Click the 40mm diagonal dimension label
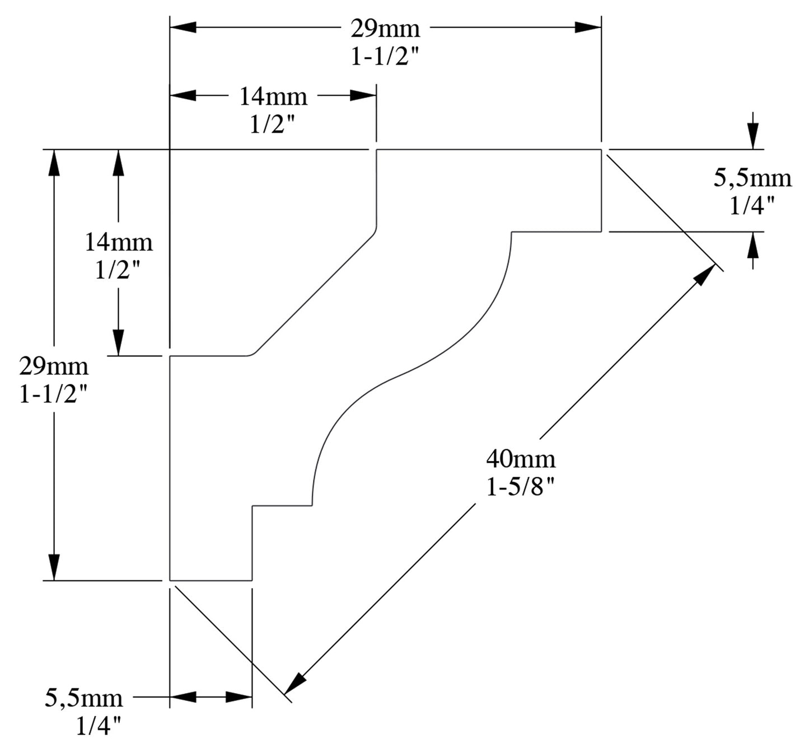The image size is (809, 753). point(521,459)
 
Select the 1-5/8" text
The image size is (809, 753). point(521,488)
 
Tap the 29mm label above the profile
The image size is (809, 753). point(385,28)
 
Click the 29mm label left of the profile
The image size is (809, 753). point(54,366)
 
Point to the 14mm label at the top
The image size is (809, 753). point(273,96)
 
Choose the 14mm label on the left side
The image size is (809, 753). point(118,242)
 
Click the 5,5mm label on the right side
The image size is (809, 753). point(752,178)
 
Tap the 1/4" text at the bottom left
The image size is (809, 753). point(99,726)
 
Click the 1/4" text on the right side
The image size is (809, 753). point(752,206)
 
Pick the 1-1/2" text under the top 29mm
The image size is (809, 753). point(385,57)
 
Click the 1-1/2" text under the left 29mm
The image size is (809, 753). point(54,395)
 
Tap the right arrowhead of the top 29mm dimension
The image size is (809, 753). point(588,27)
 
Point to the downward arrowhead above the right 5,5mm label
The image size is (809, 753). point(754,136)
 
